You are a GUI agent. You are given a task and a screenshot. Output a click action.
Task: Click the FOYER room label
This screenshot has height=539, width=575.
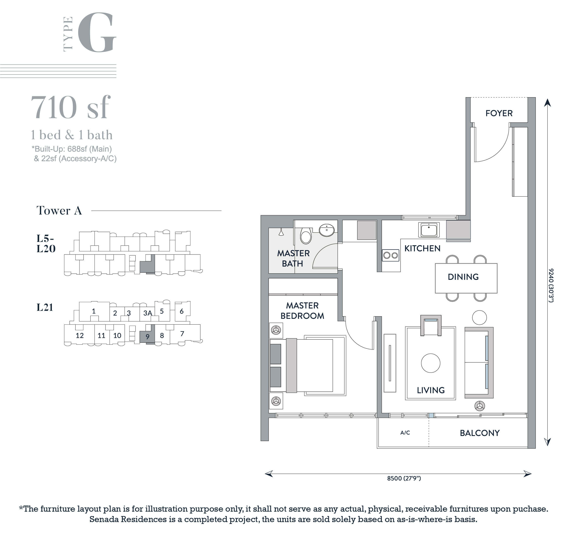tap(499, 113)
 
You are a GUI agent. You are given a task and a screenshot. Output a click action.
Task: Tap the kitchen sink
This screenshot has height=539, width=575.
tap(429, 230)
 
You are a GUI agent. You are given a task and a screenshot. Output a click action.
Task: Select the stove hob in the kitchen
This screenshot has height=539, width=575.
tap(391, 255)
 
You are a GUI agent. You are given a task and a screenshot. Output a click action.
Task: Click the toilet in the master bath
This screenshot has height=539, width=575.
tap(306, 236)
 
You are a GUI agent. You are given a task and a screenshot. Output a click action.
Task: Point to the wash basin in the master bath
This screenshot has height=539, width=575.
tap(327, 231)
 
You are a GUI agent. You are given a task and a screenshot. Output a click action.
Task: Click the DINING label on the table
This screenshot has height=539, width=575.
tap(463, 277)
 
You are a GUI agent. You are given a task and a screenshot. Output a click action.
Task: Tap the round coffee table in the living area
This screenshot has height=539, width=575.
tap(430, 363)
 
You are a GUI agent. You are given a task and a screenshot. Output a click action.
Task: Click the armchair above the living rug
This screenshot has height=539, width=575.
tap(431, 325)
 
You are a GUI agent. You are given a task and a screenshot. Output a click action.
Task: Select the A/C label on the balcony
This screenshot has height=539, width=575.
tap(405, 433)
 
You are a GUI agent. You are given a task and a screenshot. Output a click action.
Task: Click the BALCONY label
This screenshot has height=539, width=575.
tap(480, 433)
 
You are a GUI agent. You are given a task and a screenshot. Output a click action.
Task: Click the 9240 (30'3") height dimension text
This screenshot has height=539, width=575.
tap(551, 286)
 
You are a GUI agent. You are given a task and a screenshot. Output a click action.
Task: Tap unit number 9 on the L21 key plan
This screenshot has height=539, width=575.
tap(147, 336)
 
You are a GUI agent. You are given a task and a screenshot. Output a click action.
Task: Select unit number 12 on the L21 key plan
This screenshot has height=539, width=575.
tap(79, 335)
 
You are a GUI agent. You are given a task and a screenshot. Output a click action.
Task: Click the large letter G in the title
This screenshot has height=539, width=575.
tap(97, 32)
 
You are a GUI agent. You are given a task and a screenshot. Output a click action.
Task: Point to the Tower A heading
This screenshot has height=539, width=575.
tap(59, 210)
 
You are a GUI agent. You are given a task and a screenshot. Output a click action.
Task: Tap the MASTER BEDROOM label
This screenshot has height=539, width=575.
tap(302, 310)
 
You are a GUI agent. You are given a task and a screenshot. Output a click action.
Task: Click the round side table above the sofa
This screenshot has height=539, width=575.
tap(479, 318)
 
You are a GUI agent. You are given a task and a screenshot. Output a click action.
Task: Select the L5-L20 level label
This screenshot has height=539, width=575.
tap(46, 243)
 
